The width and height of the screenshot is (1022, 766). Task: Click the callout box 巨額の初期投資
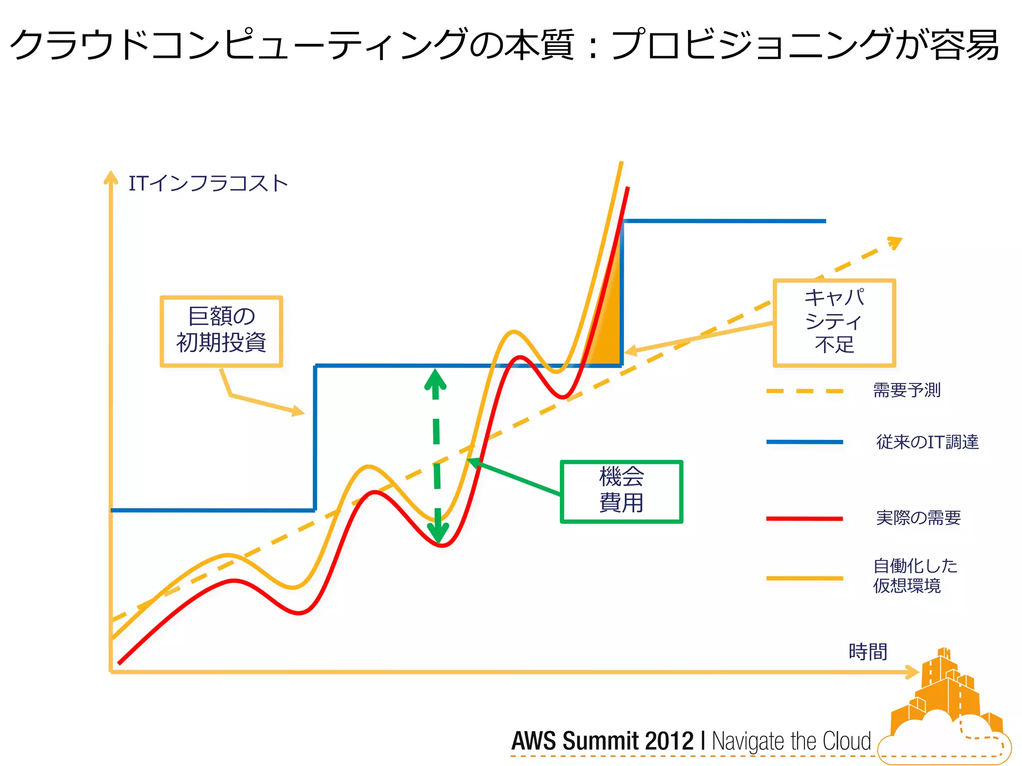pos(221,331)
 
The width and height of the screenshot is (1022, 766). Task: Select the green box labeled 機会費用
pos(621,491)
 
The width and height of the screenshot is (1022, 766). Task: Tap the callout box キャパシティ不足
pos(834,323)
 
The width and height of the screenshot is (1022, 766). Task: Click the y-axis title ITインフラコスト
pos(208,184)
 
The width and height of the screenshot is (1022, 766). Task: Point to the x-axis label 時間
pos(868,652)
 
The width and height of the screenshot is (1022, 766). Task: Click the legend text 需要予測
pos(907,390)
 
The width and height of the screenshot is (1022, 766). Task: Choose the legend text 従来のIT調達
pos(927,442)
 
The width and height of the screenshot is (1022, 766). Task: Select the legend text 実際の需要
pos(918,518)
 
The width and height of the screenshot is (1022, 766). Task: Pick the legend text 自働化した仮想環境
pos(915,575)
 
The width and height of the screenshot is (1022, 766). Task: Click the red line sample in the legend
pos(804,519)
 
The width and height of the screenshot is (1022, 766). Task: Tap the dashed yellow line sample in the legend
pos(804,391)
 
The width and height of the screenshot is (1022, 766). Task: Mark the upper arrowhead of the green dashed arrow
pos(435,380)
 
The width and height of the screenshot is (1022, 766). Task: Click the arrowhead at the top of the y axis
pos(110,178)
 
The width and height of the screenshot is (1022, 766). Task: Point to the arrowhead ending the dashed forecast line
pos(895,242)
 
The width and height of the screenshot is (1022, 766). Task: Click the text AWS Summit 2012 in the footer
pos(602,741)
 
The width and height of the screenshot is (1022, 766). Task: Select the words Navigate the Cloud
pos(791,741)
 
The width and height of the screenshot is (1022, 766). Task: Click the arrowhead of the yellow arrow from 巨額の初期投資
pos(298,411)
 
